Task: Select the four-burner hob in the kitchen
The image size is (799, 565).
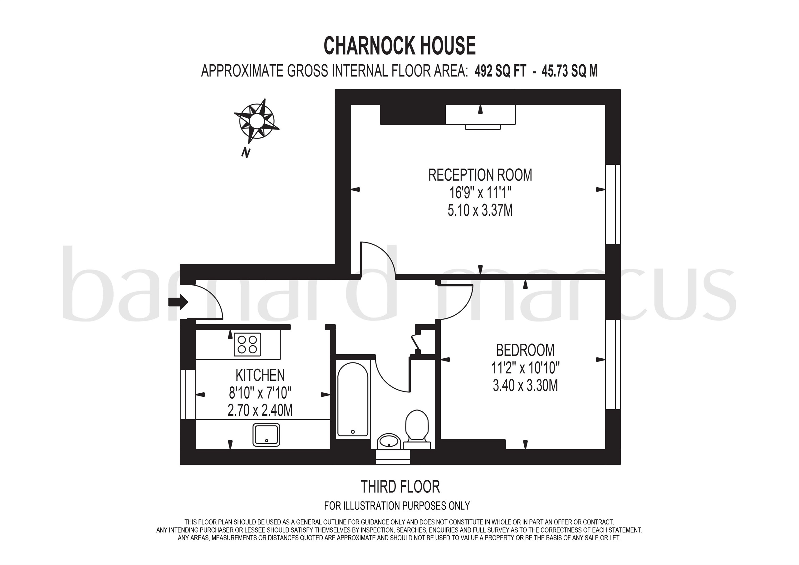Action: pyautogui.click(x=247, y=345)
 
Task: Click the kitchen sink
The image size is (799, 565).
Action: pyautogui.click(x=266, y=434)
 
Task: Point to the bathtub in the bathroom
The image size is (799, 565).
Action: pyautogui.click(x=353, y=399)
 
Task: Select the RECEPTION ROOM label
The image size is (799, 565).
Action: pyautogui.click(x=480, y=175)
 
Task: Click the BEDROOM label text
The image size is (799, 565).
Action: pyautogui.click(x=525, y=350)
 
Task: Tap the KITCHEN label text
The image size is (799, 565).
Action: pyautogui.click(x=260, y=375)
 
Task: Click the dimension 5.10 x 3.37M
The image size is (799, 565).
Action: pyautogui.click(x=480, y=211)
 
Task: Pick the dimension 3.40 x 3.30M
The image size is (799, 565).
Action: pyautogui.click(x=525, y=386)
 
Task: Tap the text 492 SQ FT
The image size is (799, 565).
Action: pyautogui.click(x=500, y=71)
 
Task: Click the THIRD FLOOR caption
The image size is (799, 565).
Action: pyautogui.click(x=400, y=487)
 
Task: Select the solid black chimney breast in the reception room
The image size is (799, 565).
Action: pyautogui.click(x=413, y=114)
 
